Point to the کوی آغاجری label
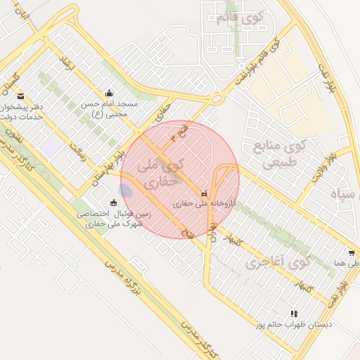click(x=279, y=264)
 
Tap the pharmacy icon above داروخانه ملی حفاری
click(x=204, y=193)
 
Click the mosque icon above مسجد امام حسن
click(x=108, y=93)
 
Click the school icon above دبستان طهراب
click(x=293, y=314)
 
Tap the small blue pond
click(x=125, y=191)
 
